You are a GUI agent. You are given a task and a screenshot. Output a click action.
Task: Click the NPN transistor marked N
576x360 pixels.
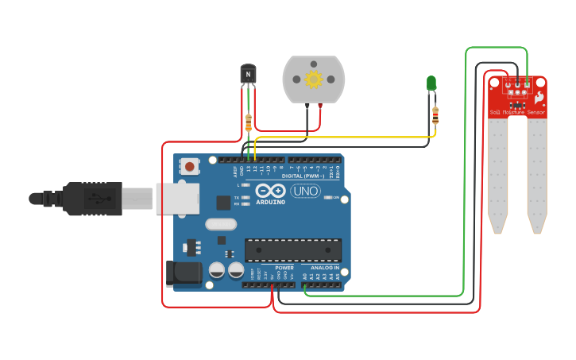click(249, 74)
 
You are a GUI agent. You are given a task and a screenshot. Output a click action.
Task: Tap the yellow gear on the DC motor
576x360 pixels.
click(313, 79)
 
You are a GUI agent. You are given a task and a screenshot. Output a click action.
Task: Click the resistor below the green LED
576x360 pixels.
click(435, 115)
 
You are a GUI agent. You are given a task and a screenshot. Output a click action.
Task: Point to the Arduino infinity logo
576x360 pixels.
click(270, 192)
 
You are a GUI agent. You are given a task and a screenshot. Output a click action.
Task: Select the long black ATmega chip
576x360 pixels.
click(292, 250)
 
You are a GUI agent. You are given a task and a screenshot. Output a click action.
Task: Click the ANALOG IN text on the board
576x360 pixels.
click(324, 269)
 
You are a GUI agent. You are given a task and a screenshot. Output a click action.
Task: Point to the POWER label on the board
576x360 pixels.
click(284, 269)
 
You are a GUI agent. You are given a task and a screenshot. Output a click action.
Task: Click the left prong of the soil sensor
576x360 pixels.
click(497, 179)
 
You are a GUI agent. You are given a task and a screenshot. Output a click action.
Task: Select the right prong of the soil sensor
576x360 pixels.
click(537, 179)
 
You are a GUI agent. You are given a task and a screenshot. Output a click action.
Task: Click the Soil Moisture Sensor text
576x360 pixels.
click(517, 112)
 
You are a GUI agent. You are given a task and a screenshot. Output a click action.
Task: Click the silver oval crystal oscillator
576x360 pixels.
click(221, 224)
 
